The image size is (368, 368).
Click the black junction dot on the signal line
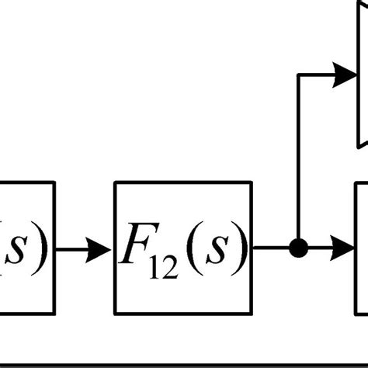click(x=298, y=249)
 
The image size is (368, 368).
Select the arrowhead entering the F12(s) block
click(x=100, y=249)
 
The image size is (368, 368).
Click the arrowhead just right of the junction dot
click(x=342, y=249)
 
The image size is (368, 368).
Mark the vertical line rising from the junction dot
click(x=298, y=163)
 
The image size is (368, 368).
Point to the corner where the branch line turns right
click(x=298, y=75)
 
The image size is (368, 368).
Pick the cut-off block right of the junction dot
click(x=362, y=248)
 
